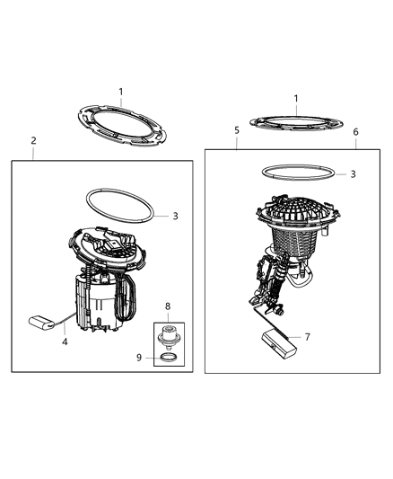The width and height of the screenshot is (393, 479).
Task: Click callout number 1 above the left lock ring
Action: coord(122,91)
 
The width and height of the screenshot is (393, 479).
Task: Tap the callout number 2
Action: coord(34,140)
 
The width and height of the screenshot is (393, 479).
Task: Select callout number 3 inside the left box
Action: coord(176,216)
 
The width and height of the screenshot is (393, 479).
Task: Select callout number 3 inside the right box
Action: coord(353,173)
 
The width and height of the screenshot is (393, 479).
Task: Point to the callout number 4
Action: coord(64,341)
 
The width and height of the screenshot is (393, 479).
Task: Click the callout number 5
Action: coord(237,130)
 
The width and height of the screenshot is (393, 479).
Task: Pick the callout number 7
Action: coord(308,337)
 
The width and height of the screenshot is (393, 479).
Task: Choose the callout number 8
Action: coord(167,306)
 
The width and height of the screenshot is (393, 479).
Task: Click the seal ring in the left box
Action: coord(118,204)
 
